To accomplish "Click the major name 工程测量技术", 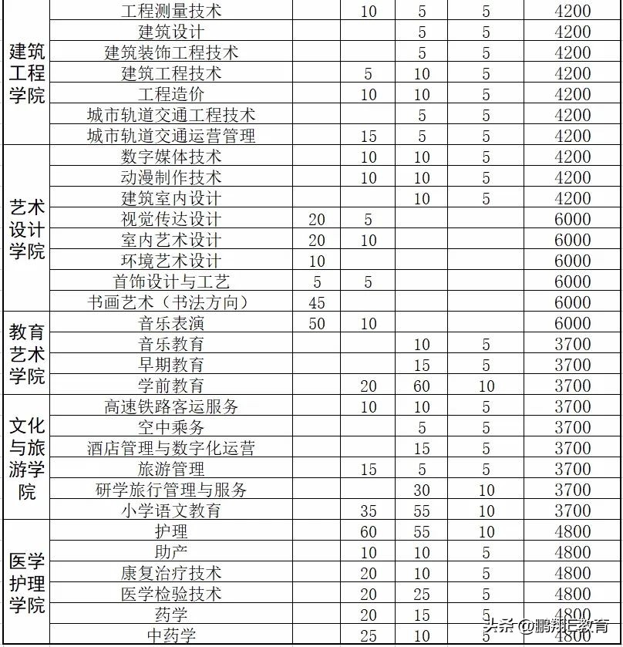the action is point(171,12).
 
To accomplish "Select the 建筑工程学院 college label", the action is point(26,73).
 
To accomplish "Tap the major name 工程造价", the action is point(171,95).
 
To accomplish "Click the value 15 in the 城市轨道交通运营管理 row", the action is point(369,136).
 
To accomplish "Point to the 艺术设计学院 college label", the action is point(26,230).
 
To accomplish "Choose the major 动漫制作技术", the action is point(171,178).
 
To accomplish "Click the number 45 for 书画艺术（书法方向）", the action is point(317,303).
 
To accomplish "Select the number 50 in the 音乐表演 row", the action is point(317,324).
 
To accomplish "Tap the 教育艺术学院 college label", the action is point(26,355).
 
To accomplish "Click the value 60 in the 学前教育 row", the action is point(422,386).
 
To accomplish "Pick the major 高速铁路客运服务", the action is point(171,407).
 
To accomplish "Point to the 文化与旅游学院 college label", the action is point(26,458).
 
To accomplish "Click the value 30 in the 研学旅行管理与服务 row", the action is point(422,490).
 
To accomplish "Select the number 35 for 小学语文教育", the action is point(369,511).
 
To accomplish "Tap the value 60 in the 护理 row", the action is point(369,532).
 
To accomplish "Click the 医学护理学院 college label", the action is point(26,583).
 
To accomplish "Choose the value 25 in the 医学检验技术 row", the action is point(422,595).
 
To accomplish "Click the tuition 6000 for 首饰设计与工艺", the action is point(572,282).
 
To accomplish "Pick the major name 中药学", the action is point(171,636).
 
